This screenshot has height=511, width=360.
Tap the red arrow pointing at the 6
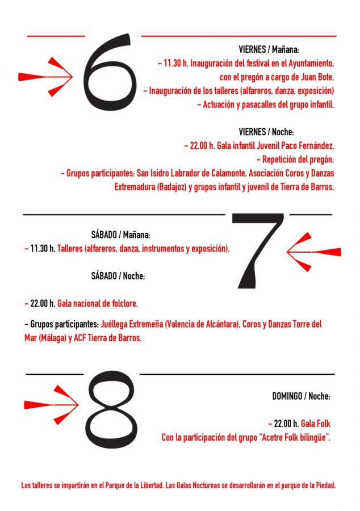[x=45, y=77]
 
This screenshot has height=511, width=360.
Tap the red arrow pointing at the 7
[x=314, y=252]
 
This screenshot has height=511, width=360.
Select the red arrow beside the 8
[x=51, y=405]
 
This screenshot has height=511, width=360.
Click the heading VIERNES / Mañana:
[x=269, y=49]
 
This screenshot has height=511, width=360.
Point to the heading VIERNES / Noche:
[x=266, y=132]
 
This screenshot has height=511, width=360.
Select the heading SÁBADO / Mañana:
[x=120, y=234]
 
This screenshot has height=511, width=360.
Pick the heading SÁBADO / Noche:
[x=118, y=276]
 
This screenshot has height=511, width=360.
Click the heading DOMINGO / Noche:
[x=302, y=396]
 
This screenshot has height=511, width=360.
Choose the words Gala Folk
[x=316, y=424]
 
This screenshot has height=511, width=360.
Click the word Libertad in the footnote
[x=152, y=485]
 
